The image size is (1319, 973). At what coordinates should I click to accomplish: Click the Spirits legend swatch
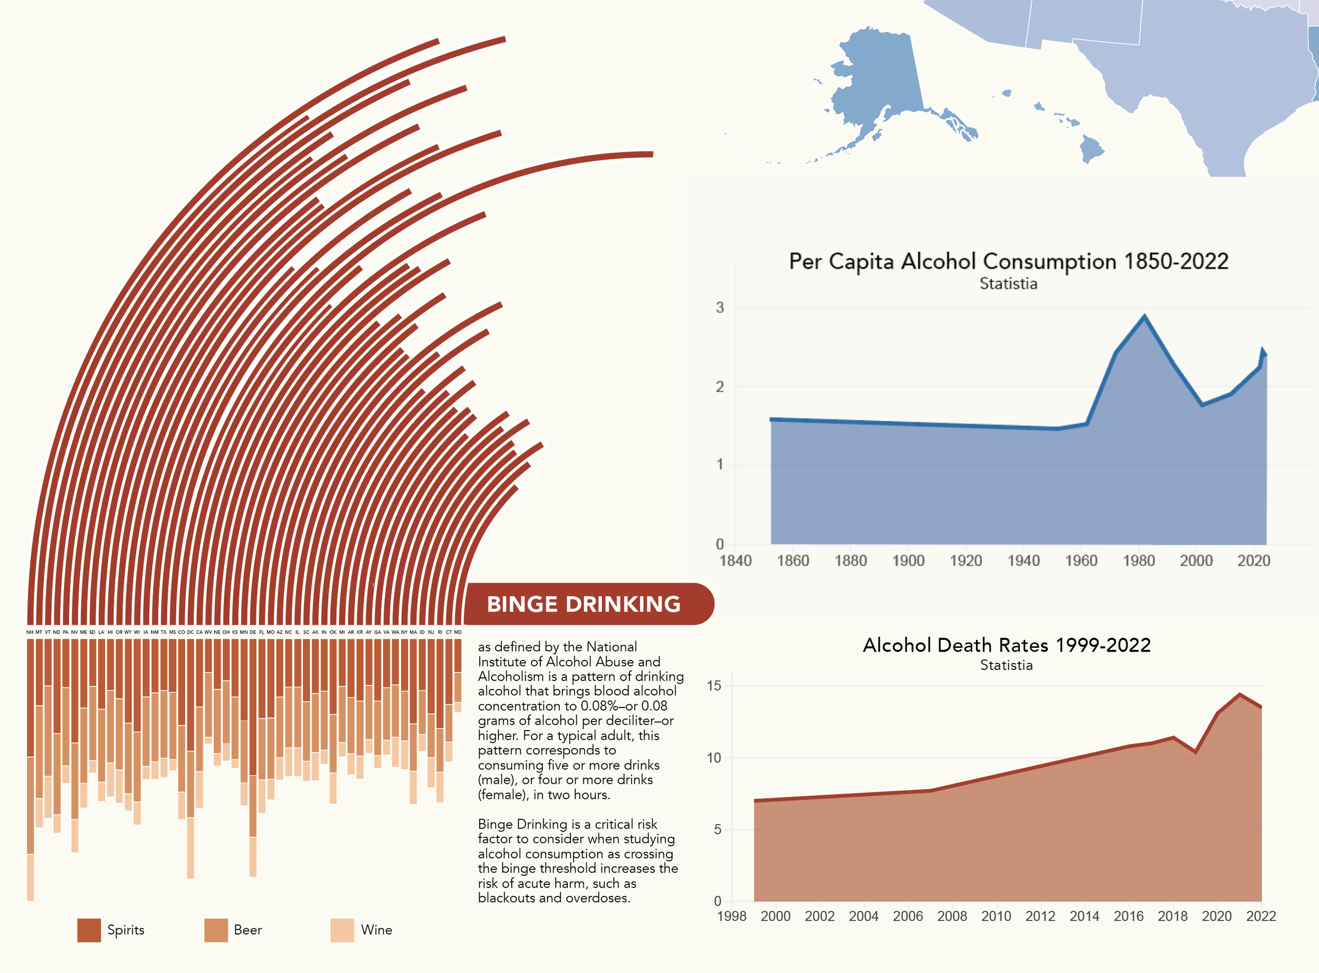[x=89, y=930]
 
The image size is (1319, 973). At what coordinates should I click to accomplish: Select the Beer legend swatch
[x=215, y=930]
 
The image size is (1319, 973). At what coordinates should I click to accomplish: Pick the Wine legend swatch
[x=342, y=930]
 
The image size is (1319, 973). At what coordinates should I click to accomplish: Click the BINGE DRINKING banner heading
[x=584, y=604]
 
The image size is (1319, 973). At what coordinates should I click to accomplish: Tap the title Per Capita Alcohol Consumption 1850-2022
[x=1008, y=261]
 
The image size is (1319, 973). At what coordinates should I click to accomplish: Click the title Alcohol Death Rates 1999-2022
[x=1007, y=645]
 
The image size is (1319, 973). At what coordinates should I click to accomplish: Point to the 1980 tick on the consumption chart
[x=1139, y=561]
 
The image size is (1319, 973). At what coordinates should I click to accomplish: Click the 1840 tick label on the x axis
[x=735, y=561]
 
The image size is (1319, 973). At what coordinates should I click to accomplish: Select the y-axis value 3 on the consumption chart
[x=720, y=307]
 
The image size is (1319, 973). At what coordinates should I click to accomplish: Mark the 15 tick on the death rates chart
[x=713, y=686]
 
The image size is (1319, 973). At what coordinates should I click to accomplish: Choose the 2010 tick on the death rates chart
[x=996, y=917]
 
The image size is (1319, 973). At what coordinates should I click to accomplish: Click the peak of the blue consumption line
[x=1144, y=316]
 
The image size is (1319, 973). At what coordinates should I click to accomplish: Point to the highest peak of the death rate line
[x=1239, y=694]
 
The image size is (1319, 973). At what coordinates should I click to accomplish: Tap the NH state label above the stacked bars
[x=30, y=632]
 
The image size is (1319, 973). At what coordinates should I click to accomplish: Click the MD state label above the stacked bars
[x=458, y=632]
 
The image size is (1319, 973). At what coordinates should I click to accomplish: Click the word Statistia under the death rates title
[x=1006, y=665]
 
